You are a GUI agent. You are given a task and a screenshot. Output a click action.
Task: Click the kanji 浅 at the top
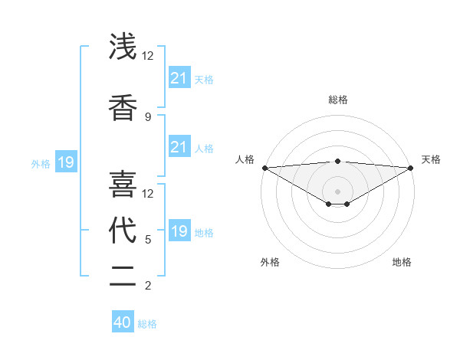pos(123,47)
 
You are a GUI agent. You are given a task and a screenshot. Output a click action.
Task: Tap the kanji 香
pos(123,108)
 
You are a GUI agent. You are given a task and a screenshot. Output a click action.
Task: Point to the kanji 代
pos(123,231)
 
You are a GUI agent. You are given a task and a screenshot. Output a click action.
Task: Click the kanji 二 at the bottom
pos(123,277)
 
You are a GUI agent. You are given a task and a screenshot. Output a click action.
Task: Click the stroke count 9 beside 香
pos(148,116)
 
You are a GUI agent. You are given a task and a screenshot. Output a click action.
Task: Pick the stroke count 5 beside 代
pos(148,239)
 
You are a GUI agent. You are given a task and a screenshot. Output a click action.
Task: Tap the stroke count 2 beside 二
pos(148,286)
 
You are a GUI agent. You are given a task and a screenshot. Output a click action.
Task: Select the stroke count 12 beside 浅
pos(148,55)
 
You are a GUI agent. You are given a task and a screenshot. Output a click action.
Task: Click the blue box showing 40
pos(123,322)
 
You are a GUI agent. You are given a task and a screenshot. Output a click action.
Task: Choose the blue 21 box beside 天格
pos(179,77)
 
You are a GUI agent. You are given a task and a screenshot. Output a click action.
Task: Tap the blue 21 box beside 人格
pos(179,147)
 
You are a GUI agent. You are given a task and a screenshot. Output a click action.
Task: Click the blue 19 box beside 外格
pos(65,162)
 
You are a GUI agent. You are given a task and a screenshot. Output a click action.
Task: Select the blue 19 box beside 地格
pos(179,231)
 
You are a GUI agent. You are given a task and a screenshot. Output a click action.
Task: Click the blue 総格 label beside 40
pos(147,324)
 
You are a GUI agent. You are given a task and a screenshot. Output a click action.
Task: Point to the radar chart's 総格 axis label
pos(337,100)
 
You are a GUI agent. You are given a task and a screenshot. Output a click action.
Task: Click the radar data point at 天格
pos(411,168)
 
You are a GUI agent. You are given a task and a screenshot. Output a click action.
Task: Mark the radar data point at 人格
pos(264,168)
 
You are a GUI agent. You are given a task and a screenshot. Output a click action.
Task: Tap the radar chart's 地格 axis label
pos(402,262)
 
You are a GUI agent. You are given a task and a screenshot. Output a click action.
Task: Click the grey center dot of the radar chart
pos(337,191)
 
